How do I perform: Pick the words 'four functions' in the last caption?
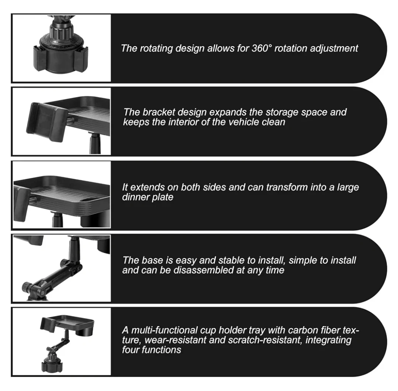(152, 350)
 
